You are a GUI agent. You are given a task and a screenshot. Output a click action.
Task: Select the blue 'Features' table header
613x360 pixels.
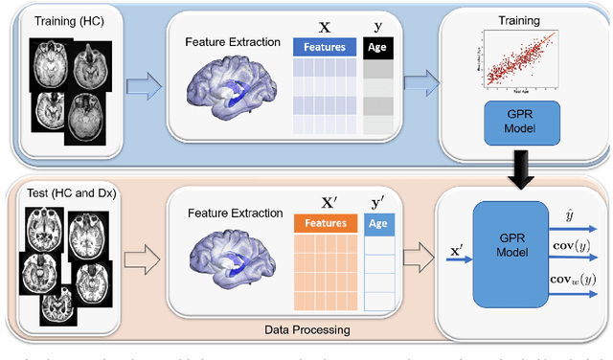(324, 46)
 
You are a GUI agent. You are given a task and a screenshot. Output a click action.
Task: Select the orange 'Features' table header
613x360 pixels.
(324, 222)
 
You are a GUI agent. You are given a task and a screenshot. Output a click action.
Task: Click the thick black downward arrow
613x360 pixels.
(518, 170)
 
